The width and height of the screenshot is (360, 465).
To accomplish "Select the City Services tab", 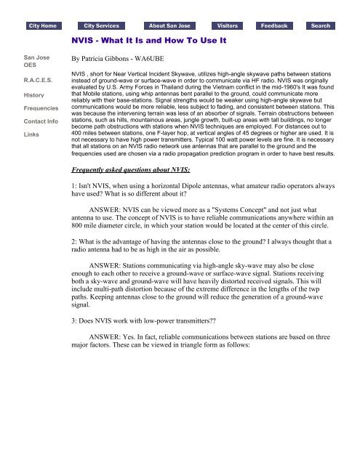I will (x=101, y=25).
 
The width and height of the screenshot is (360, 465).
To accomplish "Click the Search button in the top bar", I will (x=320, y=25).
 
